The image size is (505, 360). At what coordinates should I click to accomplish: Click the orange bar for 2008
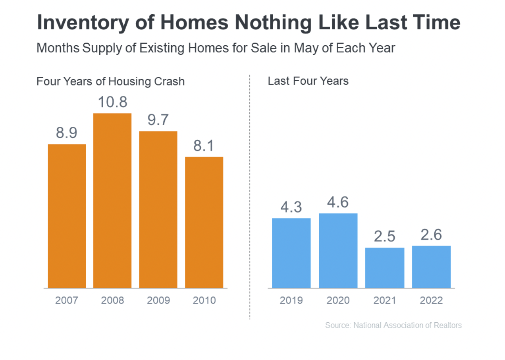pyautogui.click(x=112, y=200)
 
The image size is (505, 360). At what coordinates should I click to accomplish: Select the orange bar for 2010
pyautogui.click(x=204, y=223)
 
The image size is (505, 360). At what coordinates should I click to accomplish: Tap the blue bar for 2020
pyautogui.click(x=338, y=251)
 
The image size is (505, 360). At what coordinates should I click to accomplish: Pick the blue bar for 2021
pyautogui.click(x=385, y=268)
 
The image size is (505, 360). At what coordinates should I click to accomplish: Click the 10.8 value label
pyautogui.click(x=112, y=102)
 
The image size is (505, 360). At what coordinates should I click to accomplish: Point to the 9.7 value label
pyautogui.click(x=158, y=120)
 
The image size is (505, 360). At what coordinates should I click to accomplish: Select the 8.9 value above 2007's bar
pyautogui.click(x=67, y=133)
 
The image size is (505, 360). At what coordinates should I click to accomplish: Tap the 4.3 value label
pyautogui.click(x=291, y=207)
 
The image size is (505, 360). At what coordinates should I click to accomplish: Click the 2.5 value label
pyautogui.click(x=385, y=236)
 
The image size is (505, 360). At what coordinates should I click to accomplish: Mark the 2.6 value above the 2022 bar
pyautogui.click(x=431, y=235)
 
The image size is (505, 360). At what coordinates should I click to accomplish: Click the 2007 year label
pyautogui.click(x=67, y=300)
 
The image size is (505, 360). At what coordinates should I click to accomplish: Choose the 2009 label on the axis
pyautogui.click(x=158, y=300)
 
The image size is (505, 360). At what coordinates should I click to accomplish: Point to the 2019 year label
pyautogui.click(x=291, y=300)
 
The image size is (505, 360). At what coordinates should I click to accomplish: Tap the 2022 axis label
pyautogui.click(x=431, y=300)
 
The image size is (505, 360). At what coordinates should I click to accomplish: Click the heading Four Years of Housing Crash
pyautogui.click(x=110, y=81)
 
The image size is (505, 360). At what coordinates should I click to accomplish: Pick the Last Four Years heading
pyautogui.click(x=308, y=81)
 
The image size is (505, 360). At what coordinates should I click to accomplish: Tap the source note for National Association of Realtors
pyautogui.click(x=393, y=325)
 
